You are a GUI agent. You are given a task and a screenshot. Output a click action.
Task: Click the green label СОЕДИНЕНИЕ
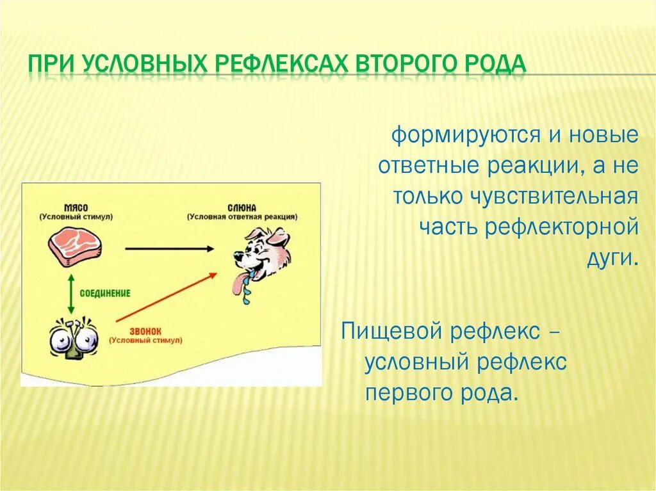[105, 293]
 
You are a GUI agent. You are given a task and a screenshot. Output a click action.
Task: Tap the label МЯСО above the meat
[76, 208]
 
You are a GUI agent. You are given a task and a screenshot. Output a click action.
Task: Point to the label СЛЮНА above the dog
[242, 208]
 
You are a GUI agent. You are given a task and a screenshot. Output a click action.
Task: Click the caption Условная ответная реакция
[242, 217]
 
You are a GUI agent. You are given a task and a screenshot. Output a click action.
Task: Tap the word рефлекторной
[562, 227]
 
